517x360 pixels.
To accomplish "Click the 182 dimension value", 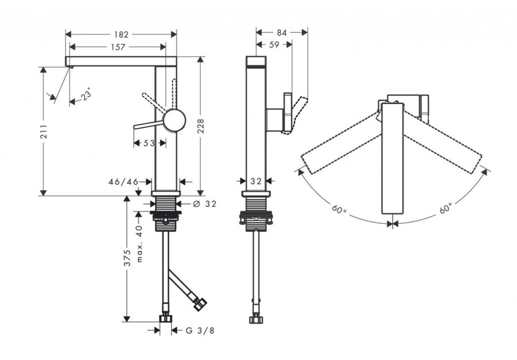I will (x=121, y=34).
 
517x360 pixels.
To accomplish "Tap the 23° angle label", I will (x=86, y=95).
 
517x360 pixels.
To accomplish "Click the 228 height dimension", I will (x=200, y=126).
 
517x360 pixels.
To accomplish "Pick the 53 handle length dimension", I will (x=149, y=143).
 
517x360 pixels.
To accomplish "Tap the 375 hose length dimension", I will (x=127, y=258).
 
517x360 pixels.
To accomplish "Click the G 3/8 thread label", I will (x=200, y=331).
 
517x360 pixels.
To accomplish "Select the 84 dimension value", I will (x=282, y=32).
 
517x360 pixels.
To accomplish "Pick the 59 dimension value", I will (x=274, y=45).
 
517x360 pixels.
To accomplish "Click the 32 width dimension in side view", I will (x=255, y=181).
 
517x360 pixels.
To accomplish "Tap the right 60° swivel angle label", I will (x=445, y=209).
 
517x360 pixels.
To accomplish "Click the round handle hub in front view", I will (x=174, y=121).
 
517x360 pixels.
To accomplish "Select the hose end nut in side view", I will (x=255, y=319).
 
